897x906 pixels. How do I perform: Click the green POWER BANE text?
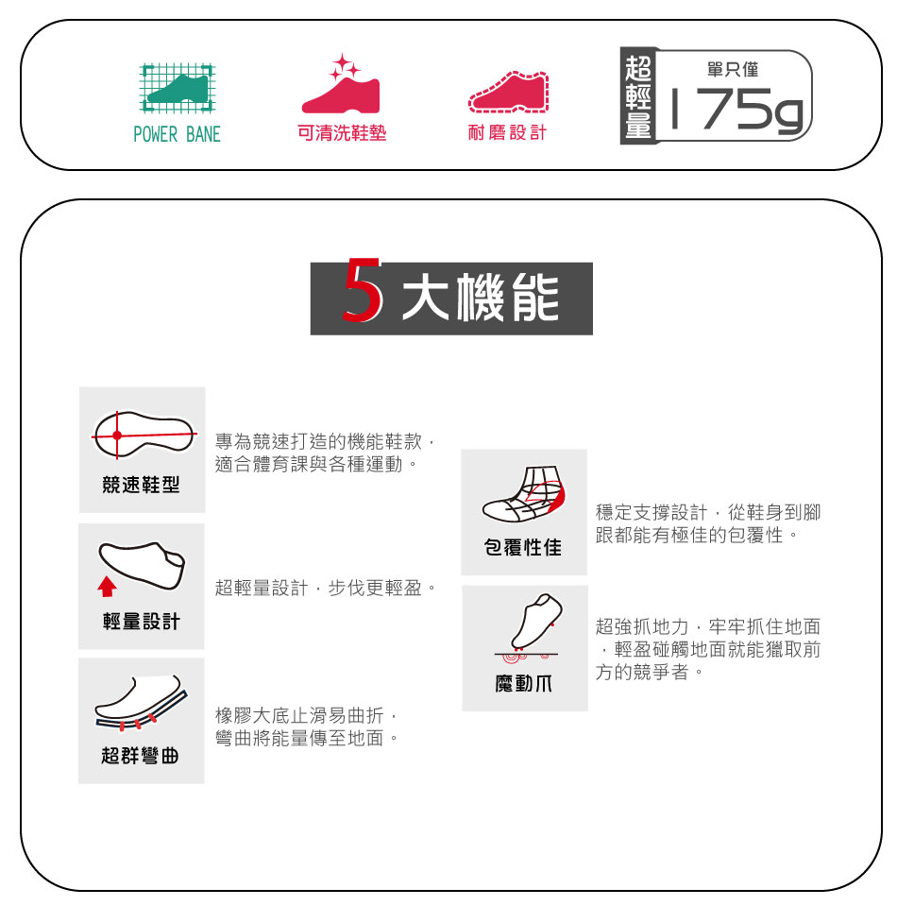177,135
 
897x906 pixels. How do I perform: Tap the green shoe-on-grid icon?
178,88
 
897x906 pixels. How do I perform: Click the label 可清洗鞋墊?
342,133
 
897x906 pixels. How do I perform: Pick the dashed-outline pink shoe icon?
508,93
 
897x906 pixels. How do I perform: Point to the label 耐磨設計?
507,133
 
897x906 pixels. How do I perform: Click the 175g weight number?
736,110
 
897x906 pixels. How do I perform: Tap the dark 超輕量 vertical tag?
638,96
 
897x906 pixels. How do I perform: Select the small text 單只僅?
733,69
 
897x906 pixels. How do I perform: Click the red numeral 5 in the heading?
363,290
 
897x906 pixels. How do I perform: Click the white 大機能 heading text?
481,299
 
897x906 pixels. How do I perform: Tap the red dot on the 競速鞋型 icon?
117,436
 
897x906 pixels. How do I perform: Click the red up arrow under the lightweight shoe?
107,586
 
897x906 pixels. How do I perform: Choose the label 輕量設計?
142,622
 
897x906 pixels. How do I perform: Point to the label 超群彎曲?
141,756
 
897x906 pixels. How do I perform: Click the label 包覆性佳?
523,547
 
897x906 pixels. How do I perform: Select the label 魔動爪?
524,684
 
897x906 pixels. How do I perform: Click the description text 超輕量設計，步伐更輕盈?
326,589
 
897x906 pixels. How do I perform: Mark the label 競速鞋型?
142,485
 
